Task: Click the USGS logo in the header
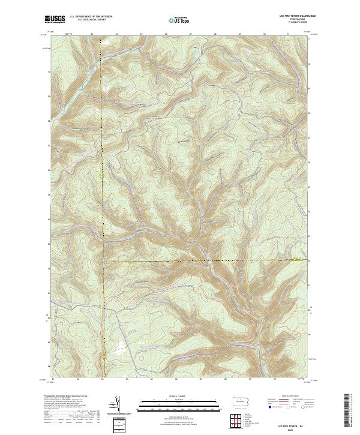click(55, 19)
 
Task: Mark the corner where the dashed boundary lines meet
click(103, 262)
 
